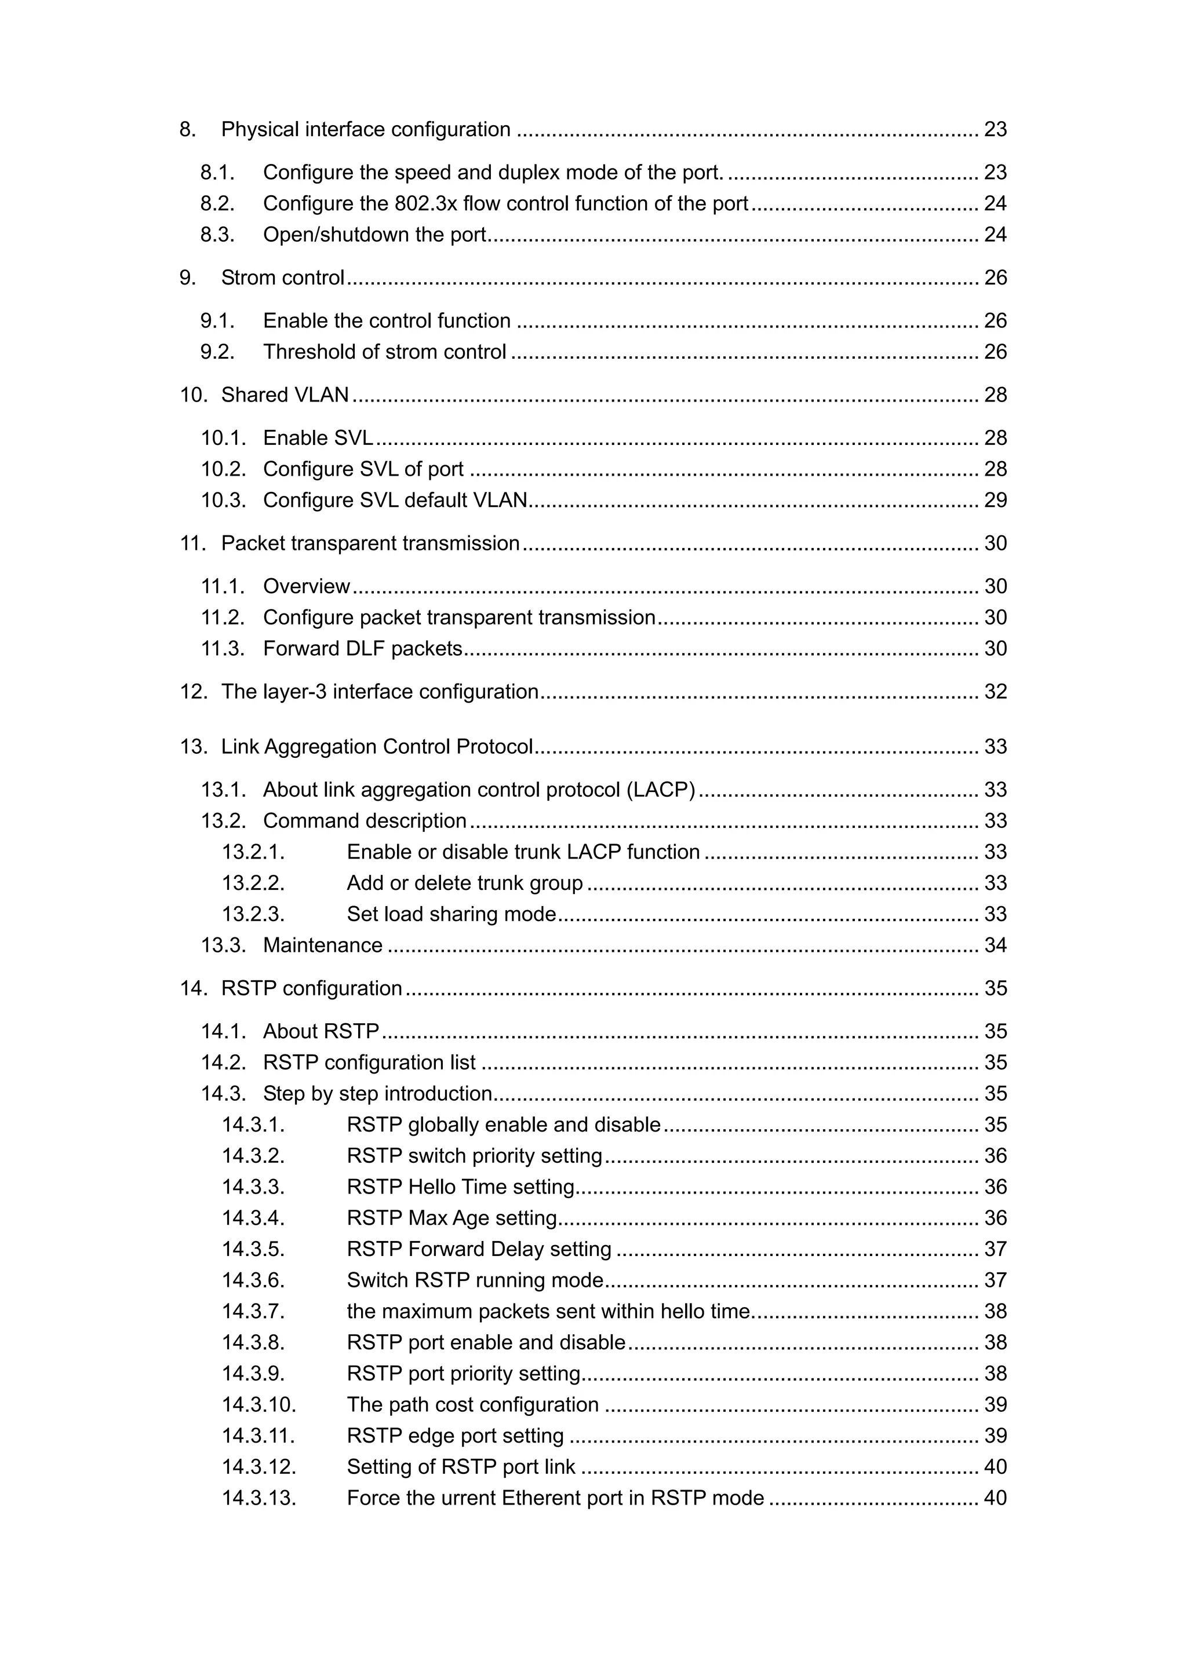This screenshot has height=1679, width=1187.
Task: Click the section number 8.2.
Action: (x=217, y=203)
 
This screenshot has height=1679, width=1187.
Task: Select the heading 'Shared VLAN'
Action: (x=285, y=395)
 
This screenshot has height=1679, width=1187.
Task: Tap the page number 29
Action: (x=995, y=500)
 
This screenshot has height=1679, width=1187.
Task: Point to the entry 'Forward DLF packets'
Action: (x=362, y=649)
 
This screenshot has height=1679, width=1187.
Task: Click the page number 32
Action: (x=995, y=692)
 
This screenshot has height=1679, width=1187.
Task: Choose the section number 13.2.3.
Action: (x=253, y=914)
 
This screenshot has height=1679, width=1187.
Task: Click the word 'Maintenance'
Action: (x=322, y=946)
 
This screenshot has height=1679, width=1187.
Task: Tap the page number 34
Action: (x=995, y=946)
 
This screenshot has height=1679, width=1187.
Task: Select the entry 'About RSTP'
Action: (x=321, y=1031)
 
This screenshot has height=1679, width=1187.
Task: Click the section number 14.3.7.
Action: (x=253, y=1311)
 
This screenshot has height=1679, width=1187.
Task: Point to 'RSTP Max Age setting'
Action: (x=452, y=1218)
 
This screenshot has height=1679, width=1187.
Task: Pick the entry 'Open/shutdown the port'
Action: (x=374, y=235)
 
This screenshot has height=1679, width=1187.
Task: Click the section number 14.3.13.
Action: (x=259, y=1498)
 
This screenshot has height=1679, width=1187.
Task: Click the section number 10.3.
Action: (x=223, y=500)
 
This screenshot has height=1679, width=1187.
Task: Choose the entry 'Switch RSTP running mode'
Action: (x=475, y=1280)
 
